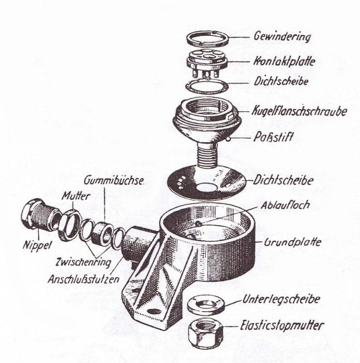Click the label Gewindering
[282, 37]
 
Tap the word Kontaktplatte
[284, 61]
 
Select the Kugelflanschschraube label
[299, 111]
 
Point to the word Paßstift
[273, 136]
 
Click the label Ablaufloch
[285, 205]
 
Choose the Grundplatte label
[293, 242]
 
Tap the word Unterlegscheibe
[281, 299]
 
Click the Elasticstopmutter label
[282, 325]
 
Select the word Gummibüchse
[113, 180]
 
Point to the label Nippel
[37, 245]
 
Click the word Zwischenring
[84, 262]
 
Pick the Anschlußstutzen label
[84, 279]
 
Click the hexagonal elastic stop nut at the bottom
[206, 333]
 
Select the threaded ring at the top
[207, 38]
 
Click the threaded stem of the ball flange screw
[207, 154]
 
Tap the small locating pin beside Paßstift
[228, 139]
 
